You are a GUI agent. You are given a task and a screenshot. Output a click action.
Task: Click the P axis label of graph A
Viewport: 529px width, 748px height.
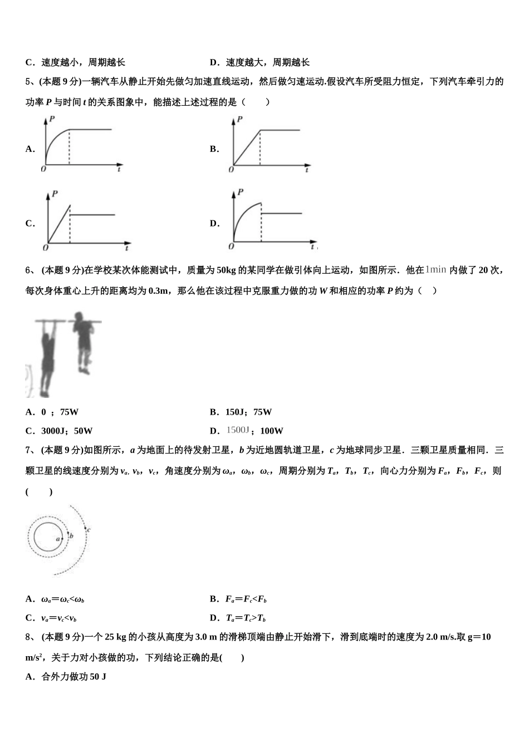(52, 119)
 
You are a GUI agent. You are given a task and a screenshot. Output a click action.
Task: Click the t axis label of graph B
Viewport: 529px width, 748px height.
(307, 169)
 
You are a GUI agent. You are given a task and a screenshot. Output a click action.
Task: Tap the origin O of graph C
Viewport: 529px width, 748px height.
(46, 248)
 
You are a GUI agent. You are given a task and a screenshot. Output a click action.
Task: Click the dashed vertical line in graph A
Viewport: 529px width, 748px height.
(69, 147)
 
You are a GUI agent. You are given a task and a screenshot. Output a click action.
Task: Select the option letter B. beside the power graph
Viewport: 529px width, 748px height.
(214, 149)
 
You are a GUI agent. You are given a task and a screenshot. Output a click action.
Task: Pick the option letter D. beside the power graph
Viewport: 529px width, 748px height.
(214, 224)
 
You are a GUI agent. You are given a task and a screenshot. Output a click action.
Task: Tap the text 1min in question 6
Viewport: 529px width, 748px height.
(435, 270)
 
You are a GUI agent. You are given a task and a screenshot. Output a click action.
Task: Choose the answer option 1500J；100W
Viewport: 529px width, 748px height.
(255, 431)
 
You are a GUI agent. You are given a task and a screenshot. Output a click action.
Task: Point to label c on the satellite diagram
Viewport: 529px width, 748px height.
(89, 529)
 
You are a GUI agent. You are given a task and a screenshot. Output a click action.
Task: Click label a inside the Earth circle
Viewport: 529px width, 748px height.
(57, 539)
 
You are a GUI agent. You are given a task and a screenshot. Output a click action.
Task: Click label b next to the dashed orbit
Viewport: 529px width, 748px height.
(71, 536)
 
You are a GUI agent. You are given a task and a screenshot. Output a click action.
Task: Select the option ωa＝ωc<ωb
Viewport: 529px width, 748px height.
(63, 599)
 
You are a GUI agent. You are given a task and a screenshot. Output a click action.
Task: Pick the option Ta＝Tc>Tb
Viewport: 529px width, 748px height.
(246, 618)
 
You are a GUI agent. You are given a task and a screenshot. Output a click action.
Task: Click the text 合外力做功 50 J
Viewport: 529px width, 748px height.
(74, 677)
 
